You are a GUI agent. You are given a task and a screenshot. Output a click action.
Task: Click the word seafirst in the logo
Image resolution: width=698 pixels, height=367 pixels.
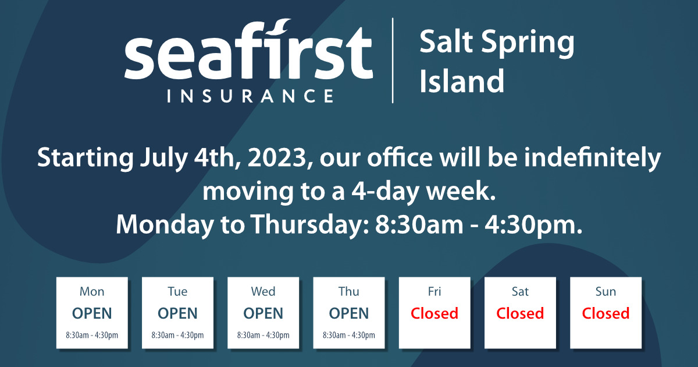point(249,50)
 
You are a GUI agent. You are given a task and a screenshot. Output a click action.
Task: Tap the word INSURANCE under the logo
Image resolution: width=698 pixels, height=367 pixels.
point(250,96)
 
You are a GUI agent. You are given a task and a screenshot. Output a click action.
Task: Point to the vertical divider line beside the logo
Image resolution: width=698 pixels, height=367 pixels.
point(393,60)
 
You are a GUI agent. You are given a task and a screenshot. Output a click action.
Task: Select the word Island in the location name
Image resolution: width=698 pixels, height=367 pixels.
point(461,80)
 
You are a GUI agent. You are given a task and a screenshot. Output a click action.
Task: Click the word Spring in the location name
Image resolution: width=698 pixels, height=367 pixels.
point(528,43)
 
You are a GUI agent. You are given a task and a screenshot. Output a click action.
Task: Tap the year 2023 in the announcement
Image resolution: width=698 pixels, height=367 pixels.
point(277,158)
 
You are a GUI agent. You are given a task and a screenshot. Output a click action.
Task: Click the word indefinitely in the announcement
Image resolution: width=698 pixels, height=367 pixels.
point(592,158)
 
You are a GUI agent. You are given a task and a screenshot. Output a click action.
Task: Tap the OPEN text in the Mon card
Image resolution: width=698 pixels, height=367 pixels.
point(92,313)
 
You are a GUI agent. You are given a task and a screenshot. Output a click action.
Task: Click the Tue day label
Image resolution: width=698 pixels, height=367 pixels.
point(177,291)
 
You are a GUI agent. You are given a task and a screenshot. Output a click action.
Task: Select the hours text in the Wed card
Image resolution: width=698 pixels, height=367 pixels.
point(263,335)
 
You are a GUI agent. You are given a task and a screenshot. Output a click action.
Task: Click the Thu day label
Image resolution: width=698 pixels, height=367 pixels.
point(348,291)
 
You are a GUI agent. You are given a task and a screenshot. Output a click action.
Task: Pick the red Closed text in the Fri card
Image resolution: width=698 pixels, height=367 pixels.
point(435,313)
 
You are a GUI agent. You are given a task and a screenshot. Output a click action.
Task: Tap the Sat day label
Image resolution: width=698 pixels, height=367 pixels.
point(520,291)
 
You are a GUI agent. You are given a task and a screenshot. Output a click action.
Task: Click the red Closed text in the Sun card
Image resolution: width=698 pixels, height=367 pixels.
point(606,313)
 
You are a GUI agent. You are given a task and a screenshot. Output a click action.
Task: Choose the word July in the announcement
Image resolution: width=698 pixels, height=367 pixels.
point(164,159)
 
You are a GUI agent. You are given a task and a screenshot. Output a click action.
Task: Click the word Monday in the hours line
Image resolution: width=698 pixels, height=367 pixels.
point(165,225)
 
